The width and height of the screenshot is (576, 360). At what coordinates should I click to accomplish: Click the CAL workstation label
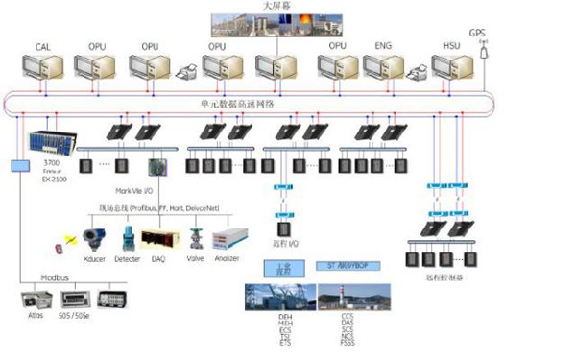pyautogui.click(x=43, y=46)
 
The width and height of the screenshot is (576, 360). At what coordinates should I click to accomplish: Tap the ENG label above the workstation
pyautogui.click(x=383, y=46)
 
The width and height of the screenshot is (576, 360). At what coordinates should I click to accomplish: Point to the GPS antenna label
pyautogui.click(x=477, y=33)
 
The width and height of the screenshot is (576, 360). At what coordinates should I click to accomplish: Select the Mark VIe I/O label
pyautogui.click(x=135, y=190)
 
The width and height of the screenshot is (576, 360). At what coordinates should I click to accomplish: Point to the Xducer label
pyautogui.click(x=94, y=260)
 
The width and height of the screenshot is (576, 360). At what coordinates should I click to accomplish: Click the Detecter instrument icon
pyautogui.click(x=128, y=238)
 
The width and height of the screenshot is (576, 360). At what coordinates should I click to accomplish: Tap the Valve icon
pyautogui.click(x=196, y=238)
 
